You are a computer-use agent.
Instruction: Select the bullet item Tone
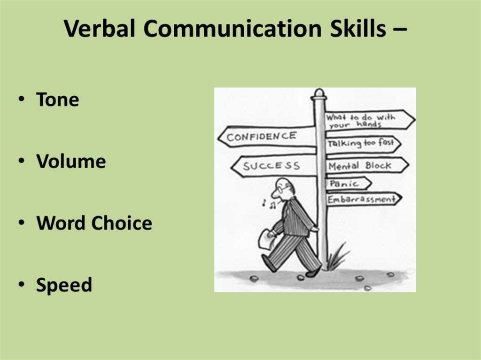coord(57,100)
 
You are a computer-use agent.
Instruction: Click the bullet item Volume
coord(71,161)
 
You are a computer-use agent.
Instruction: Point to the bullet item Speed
coord(64,284)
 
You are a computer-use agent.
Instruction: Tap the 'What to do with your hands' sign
coord(368,121)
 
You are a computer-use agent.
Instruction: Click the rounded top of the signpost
coord(319,93)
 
